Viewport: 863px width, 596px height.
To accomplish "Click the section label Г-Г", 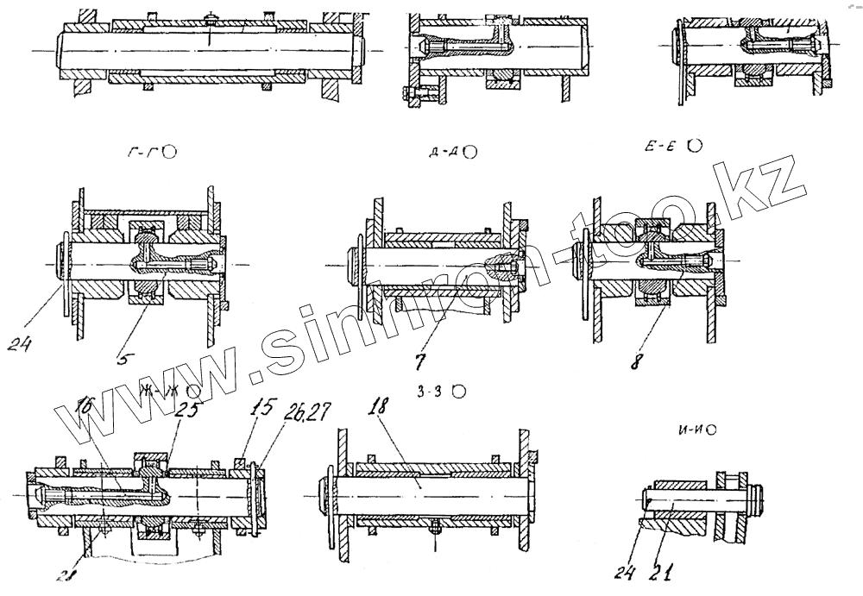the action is (x=145, y=153).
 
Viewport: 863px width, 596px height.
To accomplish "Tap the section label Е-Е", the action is (x=664, y=147).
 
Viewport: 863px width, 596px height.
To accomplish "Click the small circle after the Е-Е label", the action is (x=694, y=146).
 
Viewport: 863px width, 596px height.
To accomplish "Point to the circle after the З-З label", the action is (x=460, y=392).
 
